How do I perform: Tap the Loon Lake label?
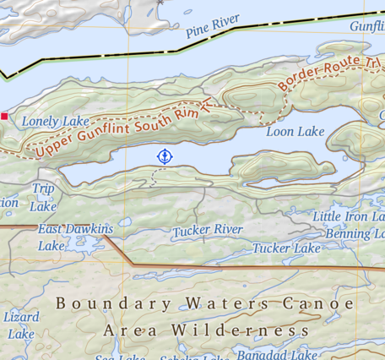pos(295,132)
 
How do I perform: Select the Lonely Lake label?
pos(55,122)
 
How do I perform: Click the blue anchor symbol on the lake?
pos(165,155)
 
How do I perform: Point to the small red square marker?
pos(4,116)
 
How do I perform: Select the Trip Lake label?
pos(43,196)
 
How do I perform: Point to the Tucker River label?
pos(208,230)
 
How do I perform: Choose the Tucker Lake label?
pos(286,248)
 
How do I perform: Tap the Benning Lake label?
pos(355,233)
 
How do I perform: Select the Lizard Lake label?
pos(21,325)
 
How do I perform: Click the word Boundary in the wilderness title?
pos(111,303)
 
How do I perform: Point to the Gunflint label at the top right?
pos(366,26)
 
